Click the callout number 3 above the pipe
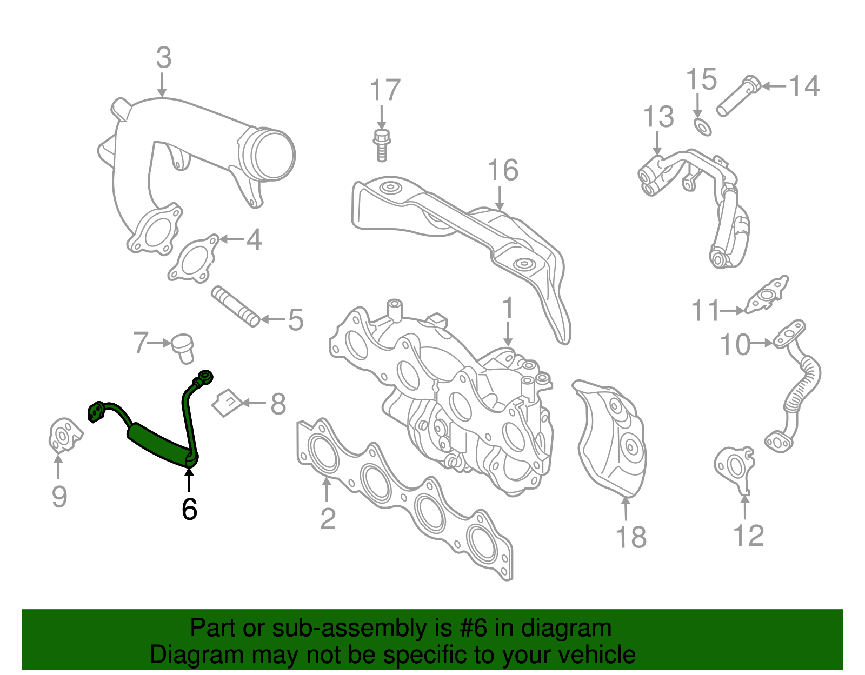pyautogui.click(x=164, y=58)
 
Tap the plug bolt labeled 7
pyautogui.click(x=183, y=348)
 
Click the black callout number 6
pyautogui.click(x=189, y=509)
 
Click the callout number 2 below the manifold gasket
pyautogui.click(x=328, y=519)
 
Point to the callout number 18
pyautogui.click(x=631, y=537)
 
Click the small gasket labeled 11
pyautogui.click(x=767, y=295)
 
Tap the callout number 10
pyautogui.click(x=735, y=345)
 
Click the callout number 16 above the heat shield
pyautogui.click(x=503, y=170)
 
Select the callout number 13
pyautogui.click(x=658, y=117)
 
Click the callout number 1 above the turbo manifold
pyautogui.click(x=507, y=309)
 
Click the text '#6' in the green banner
pyautogui.click(x=474, y=629)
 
